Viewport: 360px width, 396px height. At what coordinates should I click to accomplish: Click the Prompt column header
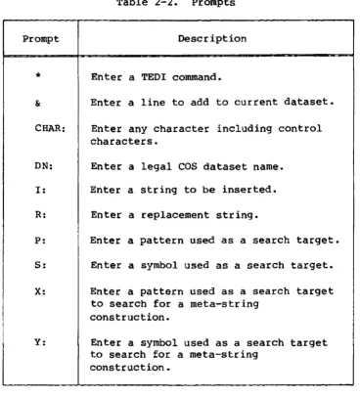(x=41, y=39)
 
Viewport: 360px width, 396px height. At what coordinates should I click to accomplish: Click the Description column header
(x=212, y=39)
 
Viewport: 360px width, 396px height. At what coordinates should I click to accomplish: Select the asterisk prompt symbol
(x=38, y=76)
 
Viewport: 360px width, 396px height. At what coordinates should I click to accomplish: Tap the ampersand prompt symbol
(x=38, y=104)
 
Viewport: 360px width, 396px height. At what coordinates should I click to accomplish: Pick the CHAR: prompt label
(x=50, y=128)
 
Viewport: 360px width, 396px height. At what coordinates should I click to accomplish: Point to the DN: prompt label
(x=44, y=166)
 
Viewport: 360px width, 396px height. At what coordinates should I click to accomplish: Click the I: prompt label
(x=40, y=190)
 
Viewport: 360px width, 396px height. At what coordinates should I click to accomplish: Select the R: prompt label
(x=40, y=215)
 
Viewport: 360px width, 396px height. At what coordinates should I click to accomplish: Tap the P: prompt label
(x=40, y=241)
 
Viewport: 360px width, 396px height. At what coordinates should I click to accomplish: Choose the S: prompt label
(x=40, y=265)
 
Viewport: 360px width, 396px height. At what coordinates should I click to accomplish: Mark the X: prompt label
(x=40, y=291)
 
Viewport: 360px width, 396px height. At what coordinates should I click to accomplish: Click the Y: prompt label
(x=40, y=342)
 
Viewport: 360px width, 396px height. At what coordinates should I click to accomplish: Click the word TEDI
(x=154, y=77)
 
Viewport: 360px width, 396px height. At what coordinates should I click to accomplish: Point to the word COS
(x=188, y=166)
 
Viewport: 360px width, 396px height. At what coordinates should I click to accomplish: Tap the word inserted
(x=249, y=190)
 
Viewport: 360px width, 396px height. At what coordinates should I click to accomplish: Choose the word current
(x=256, y=102)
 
